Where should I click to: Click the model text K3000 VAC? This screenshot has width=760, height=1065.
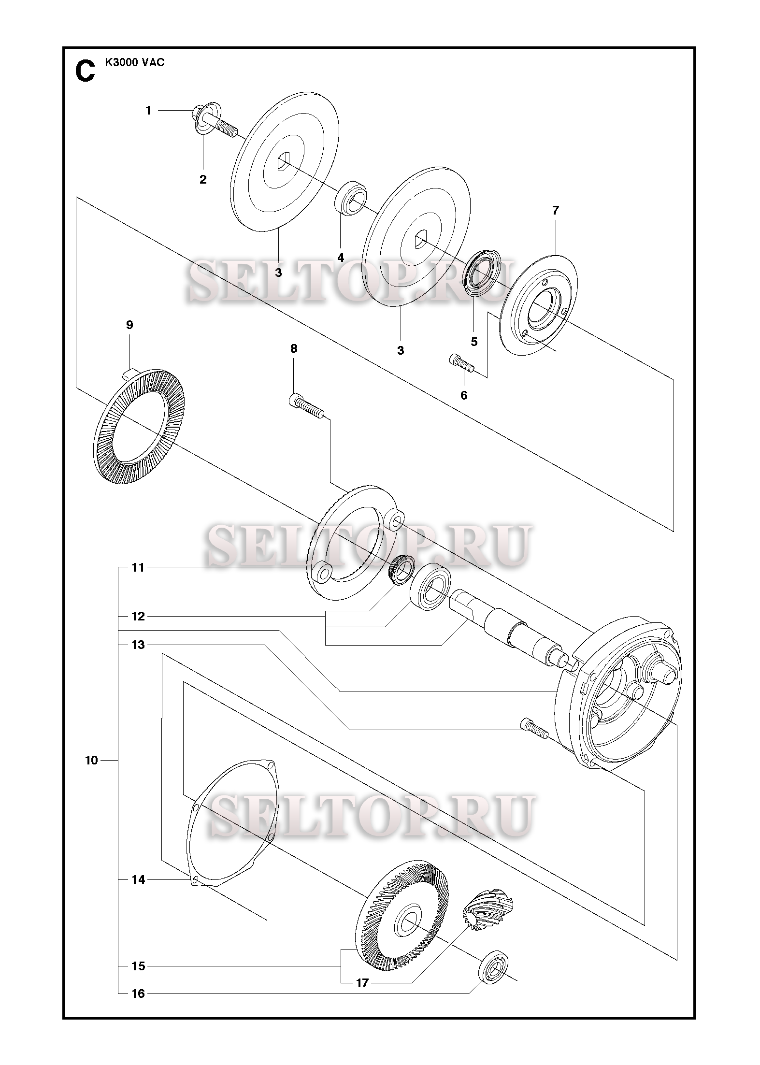coord(135,63)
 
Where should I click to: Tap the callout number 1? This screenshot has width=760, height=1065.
coord(148,111)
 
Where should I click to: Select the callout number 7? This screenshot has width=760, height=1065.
coord(555,210)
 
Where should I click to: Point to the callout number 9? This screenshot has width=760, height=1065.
coord(129,325)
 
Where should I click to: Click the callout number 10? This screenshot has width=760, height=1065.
coord(91,761)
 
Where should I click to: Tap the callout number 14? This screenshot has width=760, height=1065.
coord(138,880)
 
